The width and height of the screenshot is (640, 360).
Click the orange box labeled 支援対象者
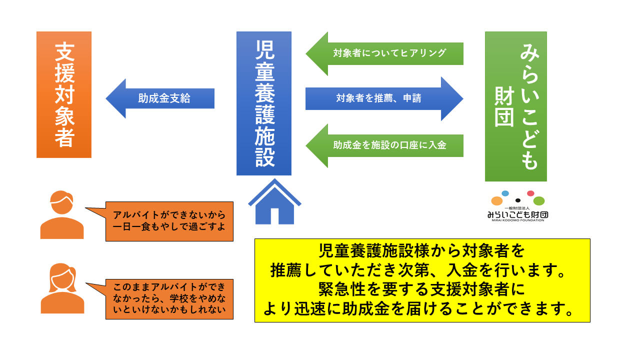[x=64, y=95]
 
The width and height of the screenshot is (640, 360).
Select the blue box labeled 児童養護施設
[x=263, y=103]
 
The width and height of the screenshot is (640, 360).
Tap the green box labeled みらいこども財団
[x=515, y=106]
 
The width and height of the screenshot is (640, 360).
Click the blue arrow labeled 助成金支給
[x=160, y=98]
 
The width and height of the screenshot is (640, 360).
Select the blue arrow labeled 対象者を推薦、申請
[x=384, y=98]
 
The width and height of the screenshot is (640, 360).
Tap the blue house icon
[x=274, y=202]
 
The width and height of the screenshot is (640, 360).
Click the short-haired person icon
[x=62, y=215]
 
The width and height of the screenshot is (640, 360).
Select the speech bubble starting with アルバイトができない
[x=169, y=221]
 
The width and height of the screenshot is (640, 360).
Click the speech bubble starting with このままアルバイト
[x=169, y=299]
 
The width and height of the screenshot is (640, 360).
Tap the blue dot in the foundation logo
[x=505, y=193]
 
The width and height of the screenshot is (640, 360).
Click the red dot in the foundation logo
[x=530, y=193]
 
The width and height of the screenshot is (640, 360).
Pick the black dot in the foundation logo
[x=517, y=200]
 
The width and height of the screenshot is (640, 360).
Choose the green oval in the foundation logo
[x=538, y=201]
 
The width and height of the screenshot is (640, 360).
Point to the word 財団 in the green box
[x=504, y=106]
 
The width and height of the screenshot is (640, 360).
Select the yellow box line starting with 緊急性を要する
[x=422, y=290]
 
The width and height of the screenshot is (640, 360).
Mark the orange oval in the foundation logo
[x=496, y=201]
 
